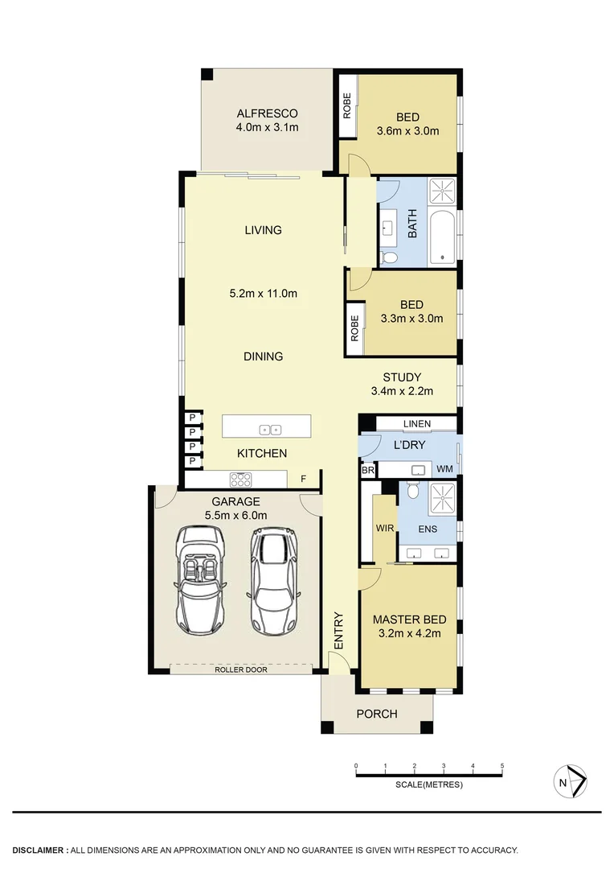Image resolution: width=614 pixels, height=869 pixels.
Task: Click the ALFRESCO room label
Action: (267, 113)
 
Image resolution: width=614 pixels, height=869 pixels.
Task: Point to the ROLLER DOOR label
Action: (240, 669)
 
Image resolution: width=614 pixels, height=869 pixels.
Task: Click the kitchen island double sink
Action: (270, 429)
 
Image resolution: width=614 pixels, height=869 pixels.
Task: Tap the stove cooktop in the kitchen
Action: (241, 480)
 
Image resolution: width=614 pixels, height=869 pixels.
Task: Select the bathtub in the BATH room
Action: (443, 237)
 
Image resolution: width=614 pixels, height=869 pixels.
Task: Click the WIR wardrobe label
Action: (384, 529)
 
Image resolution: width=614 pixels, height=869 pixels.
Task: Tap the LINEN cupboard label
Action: (416, 424)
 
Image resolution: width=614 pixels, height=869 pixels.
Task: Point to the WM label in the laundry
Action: (444, 469)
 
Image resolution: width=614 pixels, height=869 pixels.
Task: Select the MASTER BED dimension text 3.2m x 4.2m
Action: (409, 633)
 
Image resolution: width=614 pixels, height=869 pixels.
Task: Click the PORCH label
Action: (377, 714)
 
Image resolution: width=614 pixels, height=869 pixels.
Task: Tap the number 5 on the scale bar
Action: (501, 765)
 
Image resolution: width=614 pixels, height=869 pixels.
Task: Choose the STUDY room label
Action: (402, 377)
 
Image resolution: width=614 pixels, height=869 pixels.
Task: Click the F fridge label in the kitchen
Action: (303, 480)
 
